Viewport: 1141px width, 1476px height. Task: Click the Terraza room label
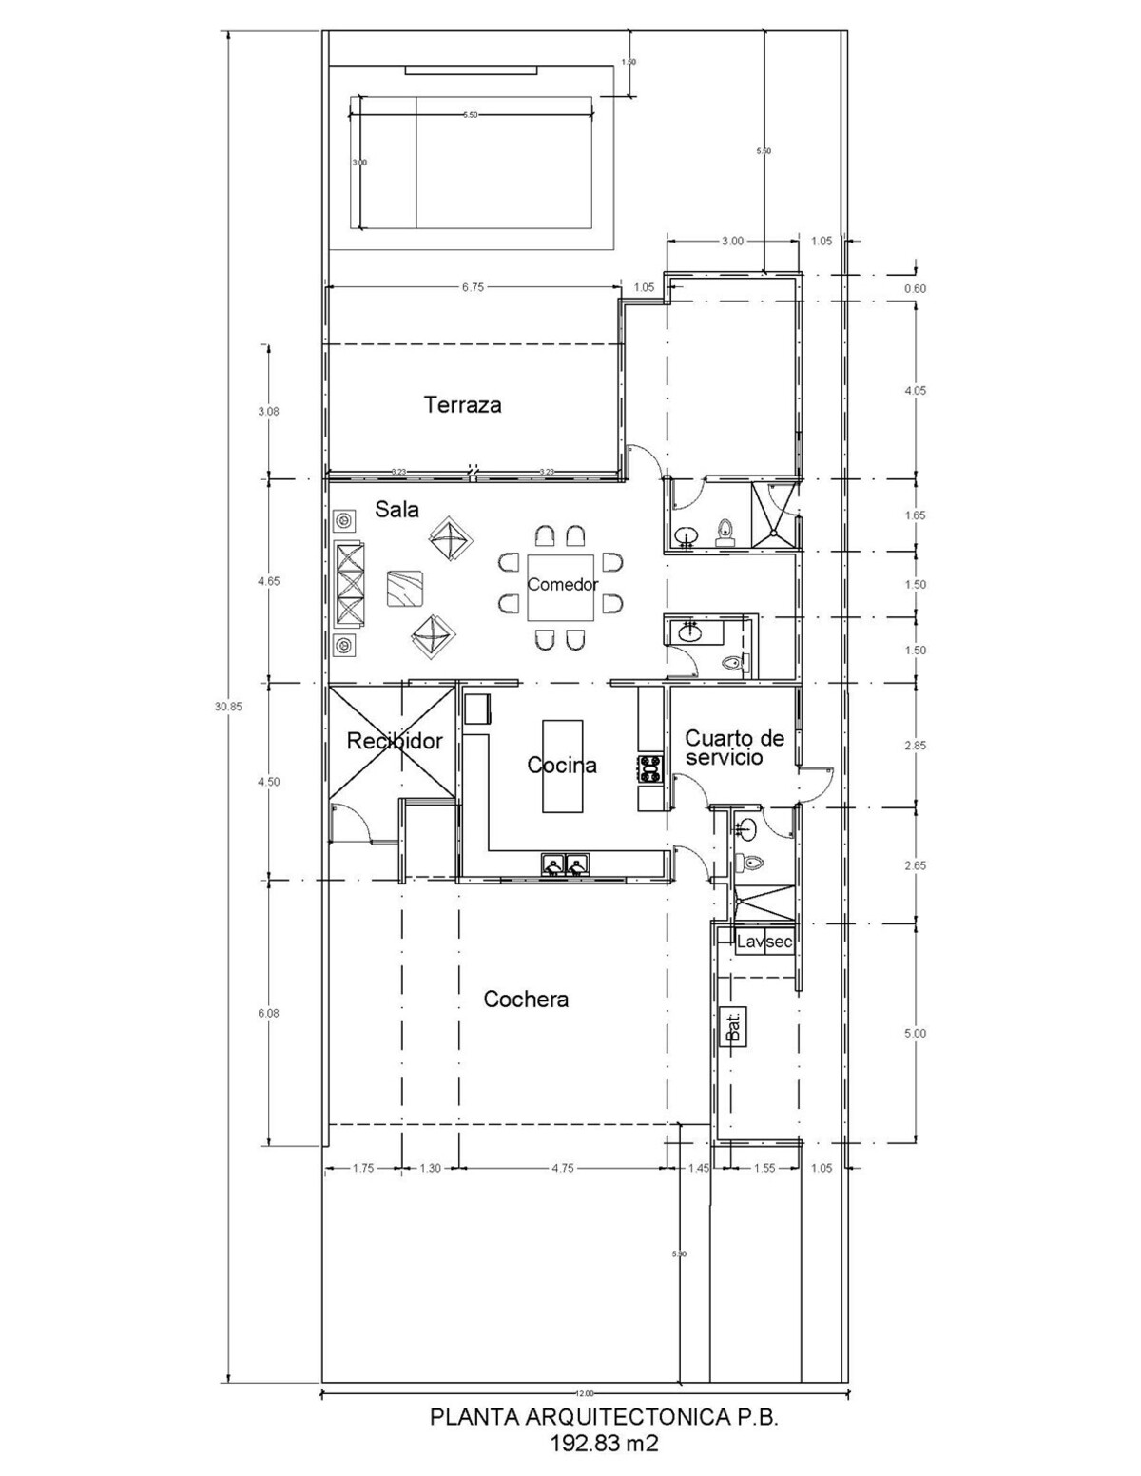click(463, 405)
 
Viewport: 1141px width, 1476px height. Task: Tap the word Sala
click(396, 510)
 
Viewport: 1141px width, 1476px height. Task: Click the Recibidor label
click(395, 741)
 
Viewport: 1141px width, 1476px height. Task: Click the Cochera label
click(526, 1000)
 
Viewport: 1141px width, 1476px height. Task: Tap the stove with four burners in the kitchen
click(649, 768)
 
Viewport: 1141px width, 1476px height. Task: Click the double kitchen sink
click(566, 864)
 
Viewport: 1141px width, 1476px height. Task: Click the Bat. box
click(734, 1026)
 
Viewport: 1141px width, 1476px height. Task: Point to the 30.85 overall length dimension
click(228, 707)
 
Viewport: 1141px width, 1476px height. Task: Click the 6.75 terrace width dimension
click(474, 286)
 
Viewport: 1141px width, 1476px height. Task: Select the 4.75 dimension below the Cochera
click(562, 1169)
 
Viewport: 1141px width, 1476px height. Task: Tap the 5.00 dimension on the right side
click(916, 1033)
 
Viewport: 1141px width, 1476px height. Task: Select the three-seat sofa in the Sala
click(348, 583)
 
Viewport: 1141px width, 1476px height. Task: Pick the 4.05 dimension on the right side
click(916, 391)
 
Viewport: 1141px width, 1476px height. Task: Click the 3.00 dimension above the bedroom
click(732, 241)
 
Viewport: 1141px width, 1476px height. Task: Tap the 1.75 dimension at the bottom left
click(362, 1169)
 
